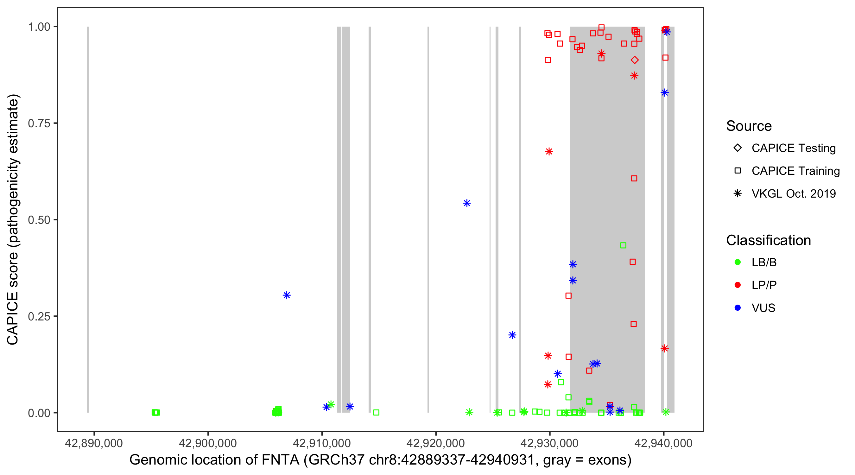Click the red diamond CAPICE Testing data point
pyautogui.click(x=634, y=60)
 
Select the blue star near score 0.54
pyautogui.click(x=467, y=203)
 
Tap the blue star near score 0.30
pyautogui.click(x=287, y=295)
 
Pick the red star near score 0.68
pyautogui.click(x=549, y=151)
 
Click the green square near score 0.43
pyautogui.click(x=623, y=245)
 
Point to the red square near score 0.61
pyautogui.click(x=634, y=179)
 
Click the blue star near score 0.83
pyautogui.click(x=664, y=92)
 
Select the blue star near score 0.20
pyautogui.click(x=512, y=335)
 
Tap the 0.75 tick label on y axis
pyautogui.click(x=39, y=123)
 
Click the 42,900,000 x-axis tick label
pyautogui.click(x=208, y=443)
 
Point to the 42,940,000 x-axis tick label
pyautogui.click(x=663, y=443)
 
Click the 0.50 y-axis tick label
pyautogui.click(x=39, y=220)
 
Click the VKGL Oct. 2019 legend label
pyautogui.click(x=794, y=193)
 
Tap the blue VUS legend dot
pyautogui.click(x=738, y=308)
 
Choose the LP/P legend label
pyautogui.click(x=764, y=285)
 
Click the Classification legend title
pyautogui.click(x=768, y=240)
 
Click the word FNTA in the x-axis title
pyautogui.click(x=280, y=460)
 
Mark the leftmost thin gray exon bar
pyautogui.click(x=88, y=219)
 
